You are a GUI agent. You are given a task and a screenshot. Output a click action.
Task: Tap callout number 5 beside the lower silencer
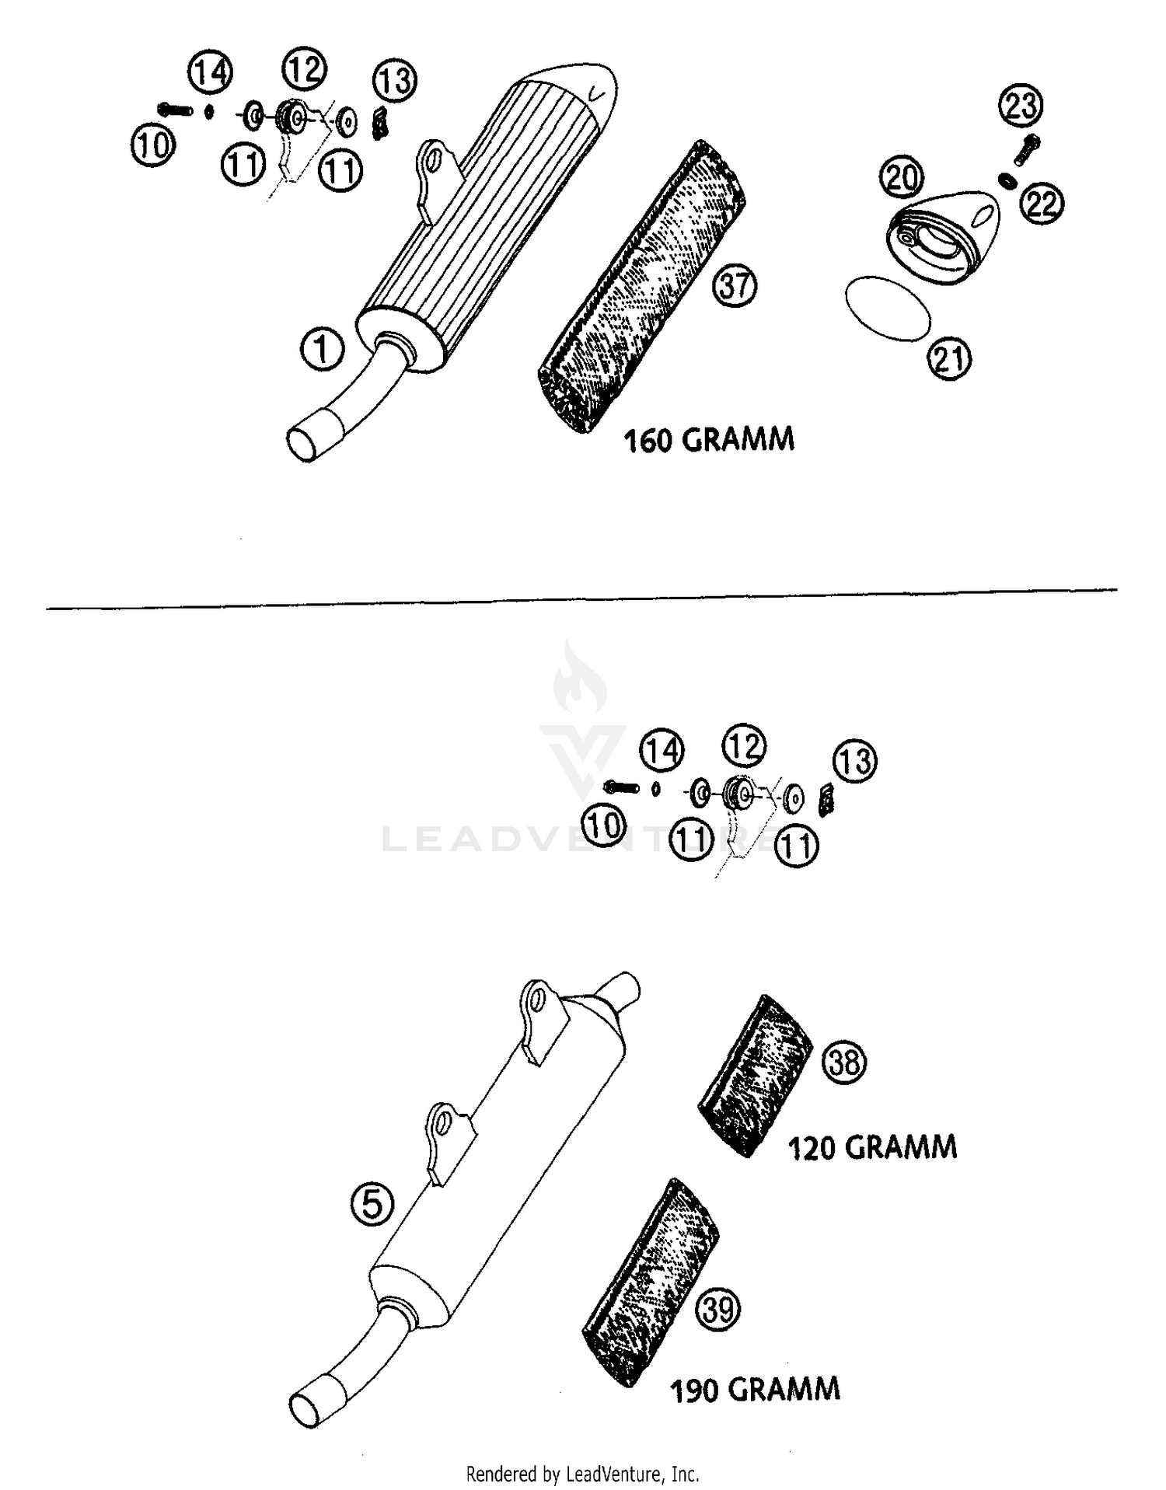point(372,1205)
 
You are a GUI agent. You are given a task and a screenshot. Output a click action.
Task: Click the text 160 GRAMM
point(709,440)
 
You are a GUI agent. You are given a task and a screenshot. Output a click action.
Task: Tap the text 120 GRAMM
point(872,1147)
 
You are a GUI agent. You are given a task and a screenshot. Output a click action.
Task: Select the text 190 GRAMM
point(755,1389)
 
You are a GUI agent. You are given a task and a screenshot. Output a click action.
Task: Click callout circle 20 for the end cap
point(902,178)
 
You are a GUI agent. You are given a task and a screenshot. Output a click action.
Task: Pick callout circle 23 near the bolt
point(1021,105)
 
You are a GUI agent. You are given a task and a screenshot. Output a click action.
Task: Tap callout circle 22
point(1042,204)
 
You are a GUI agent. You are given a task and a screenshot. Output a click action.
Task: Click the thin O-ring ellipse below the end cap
point(887,309)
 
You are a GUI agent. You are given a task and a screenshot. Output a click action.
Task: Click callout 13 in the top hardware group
point(395,81)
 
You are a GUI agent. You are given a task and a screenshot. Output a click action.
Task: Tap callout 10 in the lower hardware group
point(604,825)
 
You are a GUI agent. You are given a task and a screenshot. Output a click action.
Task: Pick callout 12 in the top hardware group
point(304,70)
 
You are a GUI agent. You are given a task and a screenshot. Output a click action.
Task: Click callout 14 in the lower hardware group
point(662,751)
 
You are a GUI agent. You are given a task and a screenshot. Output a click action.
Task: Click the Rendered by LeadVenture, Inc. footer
point(582,1474)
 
